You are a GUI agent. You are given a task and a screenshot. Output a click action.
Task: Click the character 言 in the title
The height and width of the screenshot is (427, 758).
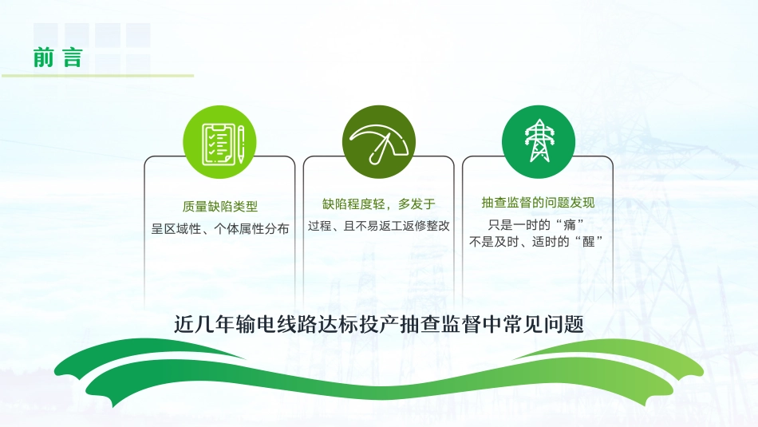(73, 58)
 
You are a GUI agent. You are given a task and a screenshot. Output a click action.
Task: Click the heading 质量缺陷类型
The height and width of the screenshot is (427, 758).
(219, 205)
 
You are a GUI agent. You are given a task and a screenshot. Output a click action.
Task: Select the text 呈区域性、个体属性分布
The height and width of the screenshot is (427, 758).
(219, 228)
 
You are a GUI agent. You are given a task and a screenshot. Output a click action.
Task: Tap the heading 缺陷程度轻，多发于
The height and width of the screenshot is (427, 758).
(378, 204)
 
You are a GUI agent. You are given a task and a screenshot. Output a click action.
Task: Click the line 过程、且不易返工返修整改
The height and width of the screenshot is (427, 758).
(378, 226)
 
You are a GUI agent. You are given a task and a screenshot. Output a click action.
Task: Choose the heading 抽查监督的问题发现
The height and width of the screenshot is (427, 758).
(538, 202)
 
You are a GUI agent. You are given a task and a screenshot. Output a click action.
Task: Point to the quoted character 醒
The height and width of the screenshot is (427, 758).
(589, 242)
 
